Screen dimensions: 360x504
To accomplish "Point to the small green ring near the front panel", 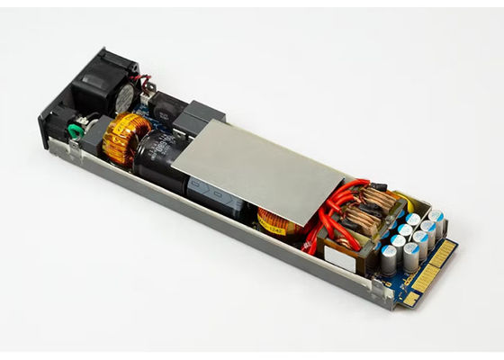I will [76, 131].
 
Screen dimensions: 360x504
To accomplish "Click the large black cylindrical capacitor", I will [158, 158].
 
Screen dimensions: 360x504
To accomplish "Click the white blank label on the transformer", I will [339, 257].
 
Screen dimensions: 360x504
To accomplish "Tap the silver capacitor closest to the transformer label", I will [385, 261].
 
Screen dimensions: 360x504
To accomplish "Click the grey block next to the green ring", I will [96, 128].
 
